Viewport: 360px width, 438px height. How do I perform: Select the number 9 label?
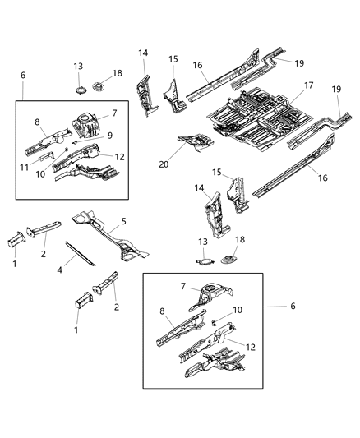111,136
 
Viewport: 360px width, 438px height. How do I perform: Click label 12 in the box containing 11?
119,157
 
